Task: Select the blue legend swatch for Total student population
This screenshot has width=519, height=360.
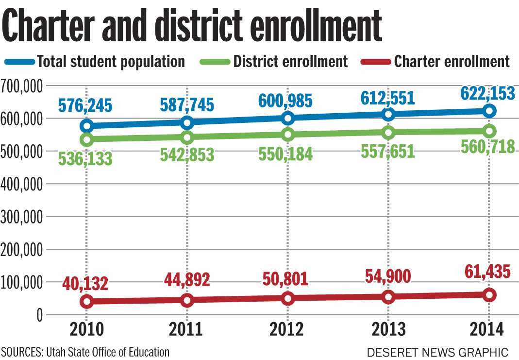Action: pyautogui.click(x=19, y=62)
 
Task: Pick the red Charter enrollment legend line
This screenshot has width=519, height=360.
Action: pyautogui.click(x=376, y=62)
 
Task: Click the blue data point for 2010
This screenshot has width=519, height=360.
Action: pyautogui.click(x=87, y=126)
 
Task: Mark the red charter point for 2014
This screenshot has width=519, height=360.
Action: pyautogui.click(x=489, y=294)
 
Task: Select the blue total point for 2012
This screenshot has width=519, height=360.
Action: pyautogui.click(x=288, y=118)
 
